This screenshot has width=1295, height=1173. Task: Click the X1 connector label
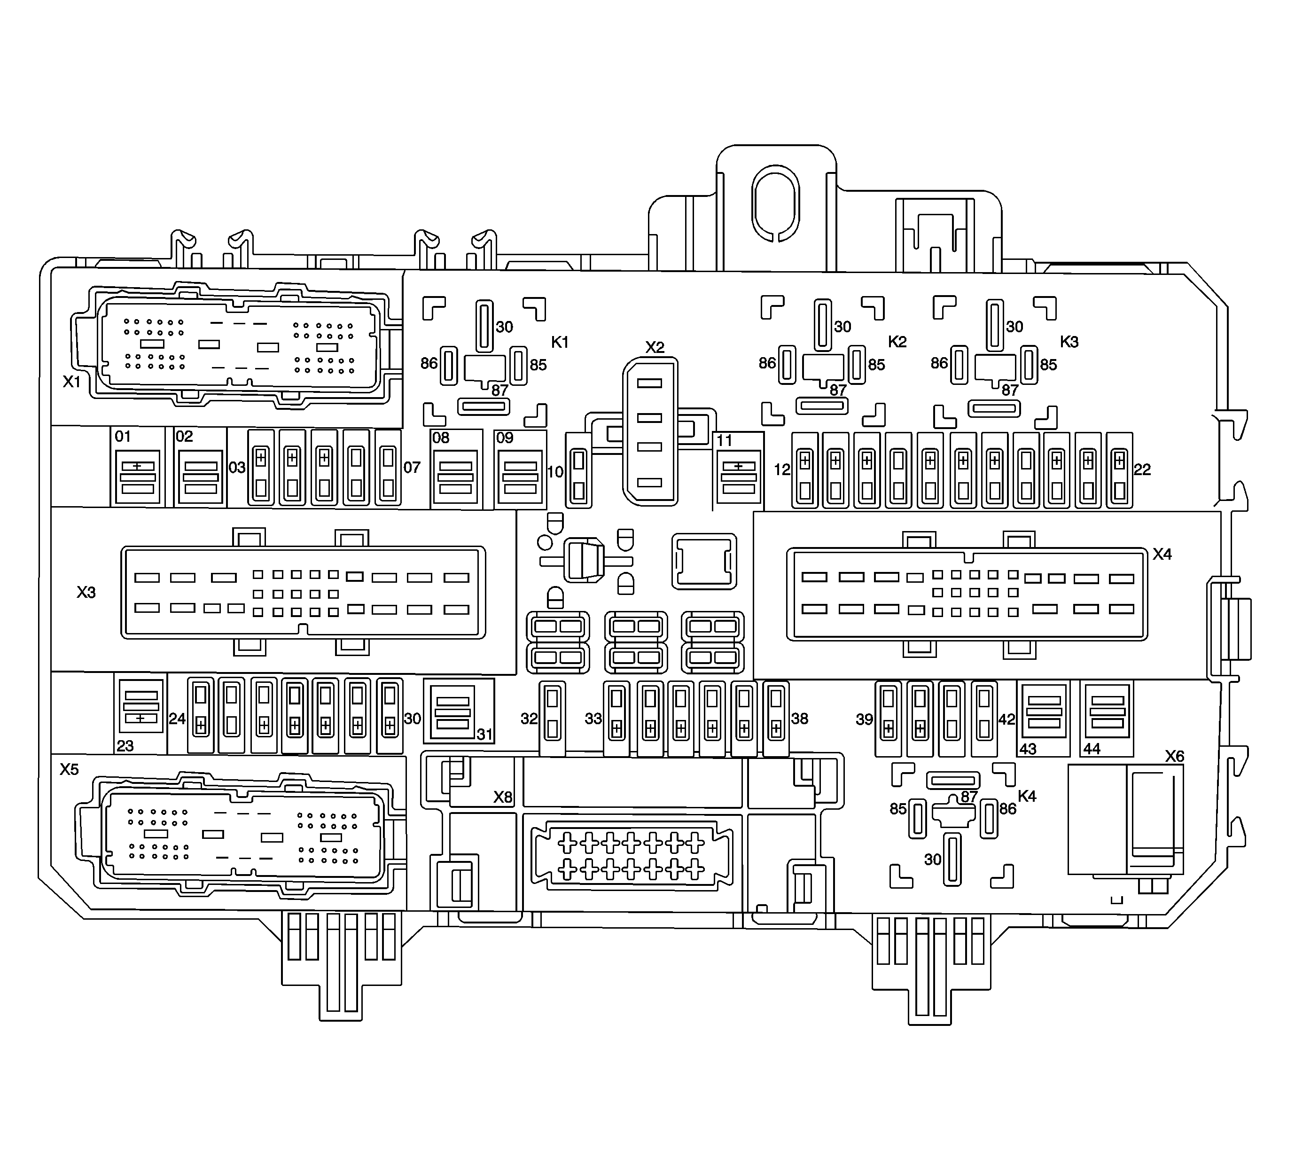(x=71, y=382)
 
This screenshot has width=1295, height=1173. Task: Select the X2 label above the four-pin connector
(x=655, y=348)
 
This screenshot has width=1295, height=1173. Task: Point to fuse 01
(x=138, y=477)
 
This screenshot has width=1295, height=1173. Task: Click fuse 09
(x=520, y=477)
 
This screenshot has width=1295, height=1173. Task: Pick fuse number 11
(x=739, y=477)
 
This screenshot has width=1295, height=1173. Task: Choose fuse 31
(x=453, y=712)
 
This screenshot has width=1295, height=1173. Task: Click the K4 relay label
(x=1027, y=796)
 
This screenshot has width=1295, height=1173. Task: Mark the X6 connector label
(x=1174, y=756)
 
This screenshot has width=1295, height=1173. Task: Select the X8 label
(x=503, y=797)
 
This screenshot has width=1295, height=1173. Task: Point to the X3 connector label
(x=86, y=592)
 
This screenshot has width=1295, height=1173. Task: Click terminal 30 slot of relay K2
(x=823, y=325)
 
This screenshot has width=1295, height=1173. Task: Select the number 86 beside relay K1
(x=429, y=364)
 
